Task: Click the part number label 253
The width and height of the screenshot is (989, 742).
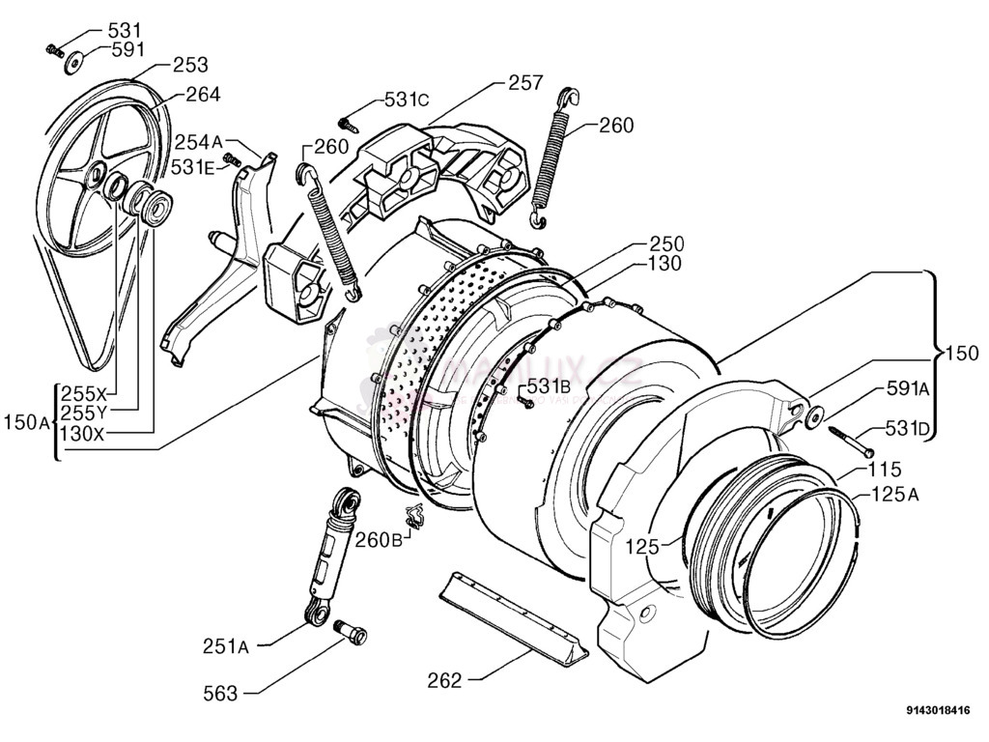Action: click(x=190, y=65)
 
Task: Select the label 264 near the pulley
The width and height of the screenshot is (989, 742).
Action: click(x=202, y=94)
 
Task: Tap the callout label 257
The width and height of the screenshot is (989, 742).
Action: click(x=526, y=83)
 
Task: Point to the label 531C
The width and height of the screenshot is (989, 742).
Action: click(x=407, y=99)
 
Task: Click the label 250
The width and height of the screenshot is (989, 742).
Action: click(x=666, y=243)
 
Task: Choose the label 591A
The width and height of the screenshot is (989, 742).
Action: click(x=908, y=388)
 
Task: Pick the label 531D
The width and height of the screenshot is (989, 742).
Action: click(x=908, y=429)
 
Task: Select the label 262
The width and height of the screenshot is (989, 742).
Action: click(x=445, y=680)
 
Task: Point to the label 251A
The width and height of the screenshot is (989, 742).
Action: click(x=226, y=646)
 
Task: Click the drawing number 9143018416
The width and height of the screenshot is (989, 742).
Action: click(x=937, y=712)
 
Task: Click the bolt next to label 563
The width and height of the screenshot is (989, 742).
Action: click(x=352, y=631)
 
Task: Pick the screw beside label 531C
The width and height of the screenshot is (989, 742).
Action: click(x=348, y=124)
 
